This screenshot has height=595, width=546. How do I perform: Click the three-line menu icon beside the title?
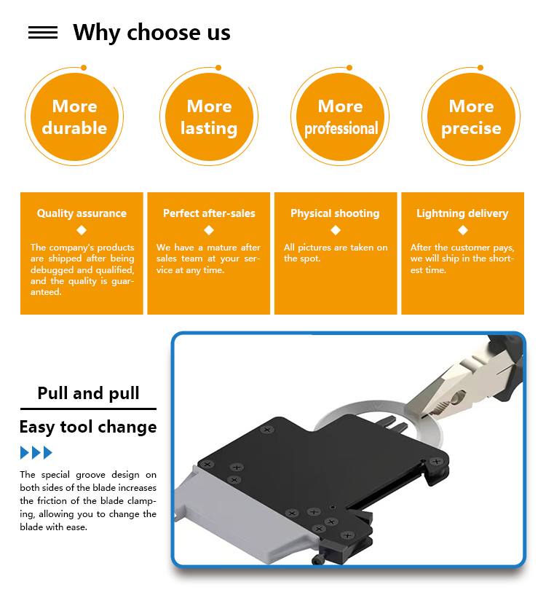click(x=43, y=33)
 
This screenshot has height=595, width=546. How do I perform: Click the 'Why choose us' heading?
click(x=151, y=33)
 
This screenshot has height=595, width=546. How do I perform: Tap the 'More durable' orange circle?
click(x=74, y=117)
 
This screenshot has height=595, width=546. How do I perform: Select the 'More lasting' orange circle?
click(x=209, y=117)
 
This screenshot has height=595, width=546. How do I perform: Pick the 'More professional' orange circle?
click(x=341, y=117)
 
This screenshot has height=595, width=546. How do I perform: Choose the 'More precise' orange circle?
click(x=471, y=117)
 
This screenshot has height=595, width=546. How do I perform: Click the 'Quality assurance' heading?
click(x=82, y=213)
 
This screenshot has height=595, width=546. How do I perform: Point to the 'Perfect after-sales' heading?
click(x=209, y=213)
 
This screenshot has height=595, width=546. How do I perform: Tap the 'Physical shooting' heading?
click(x=335, y=213)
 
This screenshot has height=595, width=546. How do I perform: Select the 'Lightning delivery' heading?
click(x=462, y=213)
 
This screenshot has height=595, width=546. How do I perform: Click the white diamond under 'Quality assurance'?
click(x=82, y=230)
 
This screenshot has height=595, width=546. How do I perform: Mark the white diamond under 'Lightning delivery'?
click(x=463, y=230)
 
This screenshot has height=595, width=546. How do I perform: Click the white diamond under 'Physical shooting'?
click(x=336, y=230)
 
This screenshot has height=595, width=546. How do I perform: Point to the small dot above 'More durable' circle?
click(x=84, y=68)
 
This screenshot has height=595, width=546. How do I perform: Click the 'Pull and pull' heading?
click(x=88, y=393)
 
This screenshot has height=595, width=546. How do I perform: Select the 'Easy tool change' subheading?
click(x=88, y=427)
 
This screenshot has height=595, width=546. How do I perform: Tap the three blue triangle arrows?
click(x=36, y=453)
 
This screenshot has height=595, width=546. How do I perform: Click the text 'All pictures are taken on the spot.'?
click(x=336, y=253)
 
